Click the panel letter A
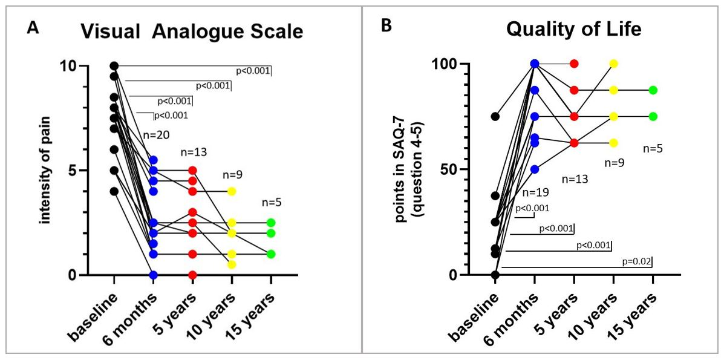(x=34, y=28)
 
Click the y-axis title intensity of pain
(x=46, y=171)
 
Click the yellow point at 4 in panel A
(x=232, y=191)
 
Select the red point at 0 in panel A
(x=192, y=275)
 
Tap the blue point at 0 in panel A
(x=154, y=275)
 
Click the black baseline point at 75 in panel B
(x=495, y=116)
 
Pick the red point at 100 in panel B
(x=574, y=64)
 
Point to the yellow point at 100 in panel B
(x=613, y=64)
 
